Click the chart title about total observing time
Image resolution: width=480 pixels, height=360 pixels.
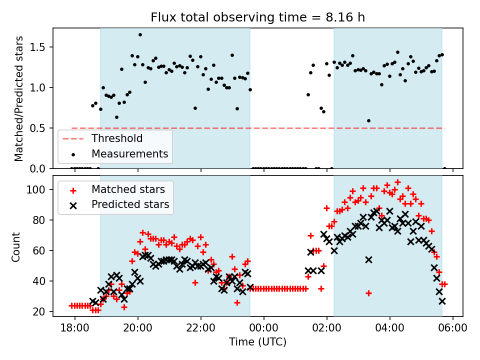click(257, 17)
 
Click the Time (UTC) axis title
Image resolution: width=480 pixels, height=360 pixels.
click(257, 342)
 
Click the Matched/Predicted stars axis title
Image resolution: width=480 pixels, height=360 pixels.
click(18, 98)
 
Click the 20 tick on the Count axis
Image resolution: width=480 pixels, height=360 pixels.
click(41, 311)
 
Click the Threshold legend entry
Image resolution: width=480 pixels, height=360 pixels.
click(116, 138)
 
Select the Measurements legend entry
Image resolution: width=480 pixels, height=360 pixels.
click(129, 153)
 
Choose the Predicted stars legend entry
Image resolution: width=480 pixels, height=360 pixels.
click(130, 204)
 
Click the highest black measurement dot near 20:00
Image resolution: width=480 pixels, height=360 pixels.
click(140, 34)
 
